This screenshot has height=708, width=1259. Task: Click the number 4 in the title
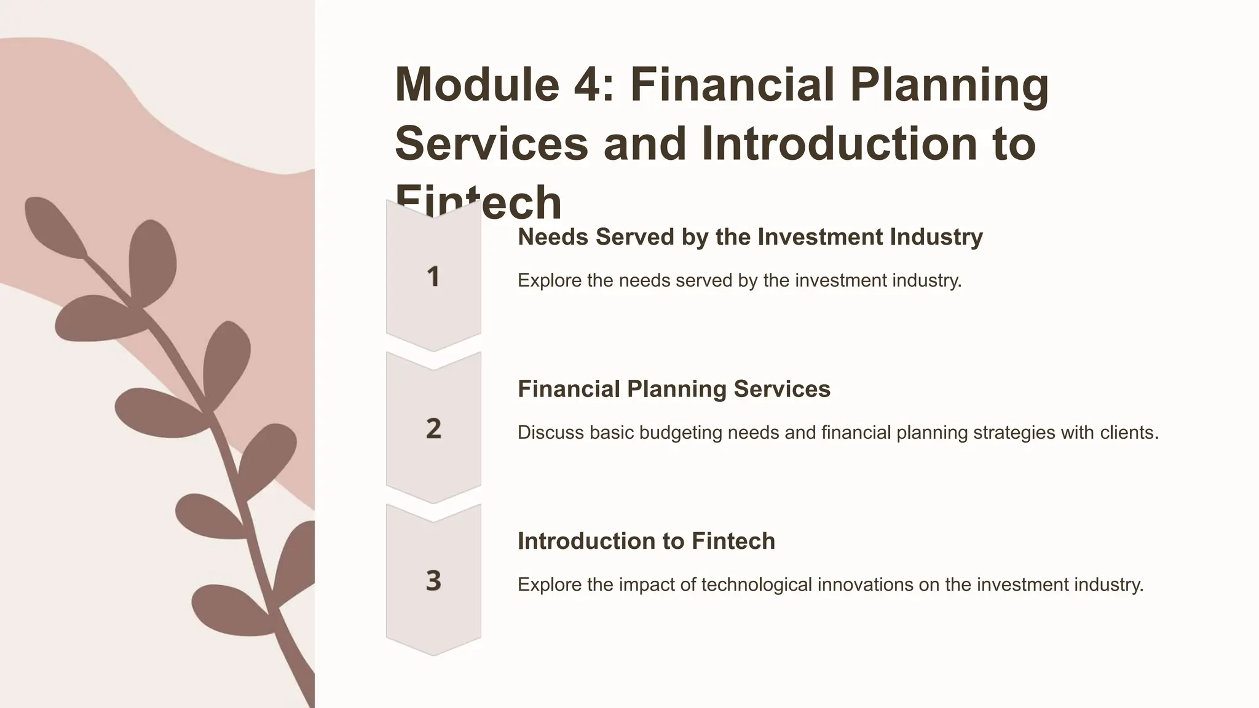[x=588, y=85]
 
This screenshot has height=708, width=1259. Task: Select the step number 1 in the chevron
[x=433, y=277]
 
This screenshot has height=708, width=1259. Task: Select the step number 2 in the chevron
[x=433, y=428]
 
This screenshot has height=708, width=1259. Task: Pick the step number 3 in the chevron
[x=433, y=581]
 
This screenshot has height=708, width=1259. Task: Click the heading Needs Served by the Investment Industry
[x=750, y=237]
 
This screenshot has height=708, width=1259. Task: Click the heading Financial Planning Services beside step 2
[x=674, y=389]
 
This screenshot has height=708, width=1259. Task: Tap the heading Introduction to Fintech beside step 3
[x=646, y=541]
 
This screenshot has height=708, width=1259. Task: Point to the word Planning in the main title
[x=949, y=85]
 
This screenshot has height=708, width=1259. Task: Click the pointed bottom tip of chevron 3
[x=433, y=654]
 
